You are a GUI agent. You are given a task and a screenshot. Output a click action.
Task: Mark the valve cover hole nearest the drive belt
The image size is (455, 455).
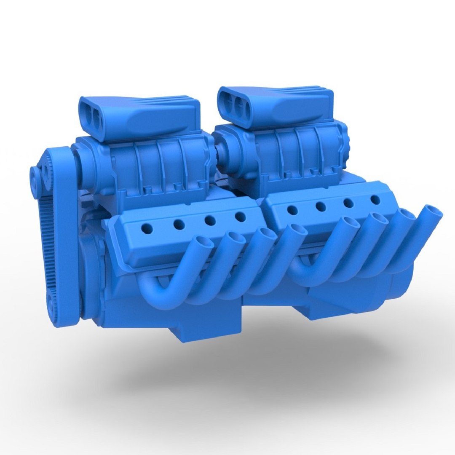tap(147, 229)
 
